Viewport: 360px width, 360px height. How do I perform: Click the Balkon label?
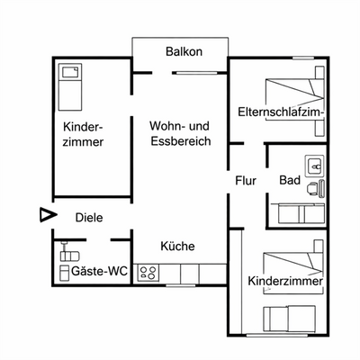[184, 51]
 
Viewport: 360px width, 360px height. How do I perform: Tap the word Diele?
[88, 217]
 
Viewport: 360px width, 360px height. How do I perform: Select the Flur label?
[246, 181]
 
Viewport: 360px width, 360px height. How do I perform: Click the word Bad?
[289, 181]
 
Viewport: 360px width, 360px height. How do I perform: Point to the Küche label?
[177, 246]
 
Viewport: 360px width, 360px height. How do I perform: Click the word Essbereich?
[179, 141]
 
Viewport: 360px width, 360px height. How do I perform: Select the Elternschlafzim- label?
[281, 112]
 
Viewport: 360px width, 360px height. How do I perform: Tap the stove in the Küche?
[149, 272]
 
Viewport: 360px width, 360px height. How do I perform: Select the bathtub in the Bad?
[294, 213]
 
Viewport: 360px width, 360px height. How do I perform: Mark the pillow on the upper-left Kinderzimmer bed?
[70, 71]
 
